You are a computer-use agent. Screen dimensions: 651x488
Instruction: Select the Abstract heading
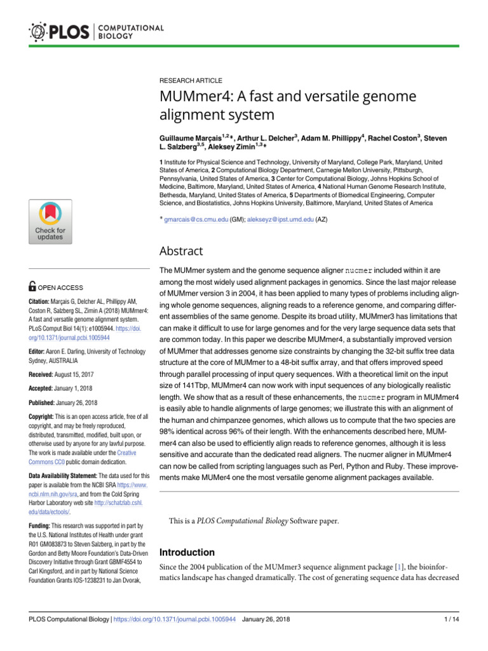click(x=181, y=251)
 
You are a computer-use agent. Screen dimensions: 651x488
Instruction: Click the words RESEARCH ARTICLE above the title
click(x=191, y=81)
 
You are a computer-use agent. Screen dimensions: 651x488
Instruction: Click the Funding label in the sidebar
click(x=45, y=526)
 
